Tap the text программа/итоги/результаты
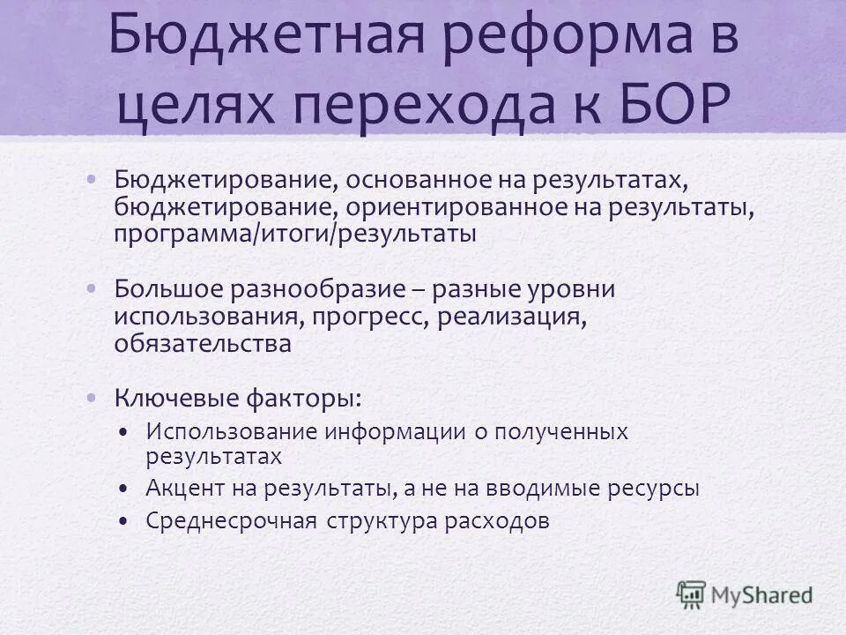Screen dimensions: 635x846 point(295,234)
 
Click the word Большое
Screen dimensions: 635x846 point(167,289)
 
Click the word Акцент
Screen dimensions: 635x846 point(182,488)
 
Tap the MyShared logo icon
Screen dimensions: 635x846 point(692,594)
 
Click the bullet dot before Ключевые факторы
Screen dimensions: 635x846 point(93,397)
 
